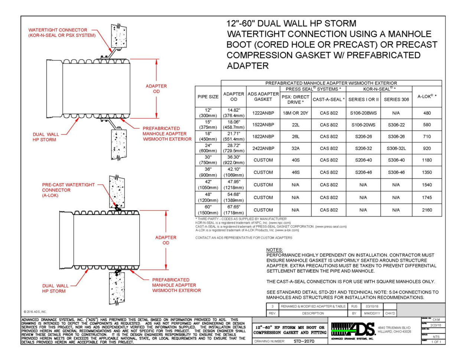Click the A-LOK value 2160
pos(427,210)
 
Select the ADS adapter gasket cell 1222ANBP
pos(263,113)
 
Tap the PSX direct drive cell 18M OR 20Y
pos(295,113)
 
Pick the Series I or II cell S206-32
pos(363,148)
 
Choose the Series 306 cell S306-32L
pos(396,148)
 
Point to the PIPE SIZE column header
pos(208,97)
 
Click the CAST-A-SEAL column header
pos(329,99)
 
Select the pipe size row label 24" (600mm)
pos(208,148)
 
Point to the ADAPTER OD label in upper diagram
pos(156,89)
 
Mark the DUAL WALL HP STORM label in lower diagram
pos(55,288)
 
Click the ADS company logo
pos(353,329)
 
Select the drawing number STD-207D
pos(304,341)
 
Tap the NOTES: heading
pos(274,250)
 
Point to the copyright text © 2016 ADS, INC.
pos(35,312)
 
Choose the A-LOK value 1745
pos(427,198)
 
